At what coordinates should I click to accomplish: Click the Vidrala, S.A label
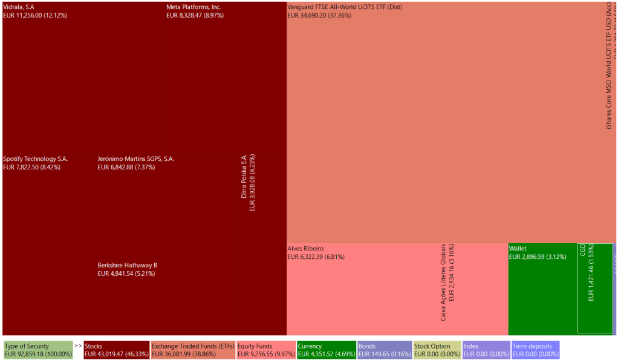19,7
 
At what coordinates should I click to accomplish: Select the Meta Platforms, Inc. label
194,7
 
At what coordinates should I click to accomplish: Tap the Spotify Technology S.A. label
36,159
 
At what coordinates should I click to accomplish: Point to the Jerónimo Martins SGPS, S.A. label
135,159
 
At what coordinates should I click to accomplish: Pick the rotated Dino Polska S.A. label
244,175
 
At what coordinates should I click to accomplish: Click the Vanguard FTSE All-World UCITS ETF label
344,7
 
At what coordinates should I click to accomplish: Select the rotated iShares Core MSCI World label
608,73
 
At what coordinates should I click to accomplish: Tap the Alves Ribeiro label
305,249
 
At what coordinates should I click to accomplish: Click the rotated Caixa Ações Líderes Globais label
443,282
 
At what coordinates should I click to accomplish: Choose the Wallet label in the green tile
518,249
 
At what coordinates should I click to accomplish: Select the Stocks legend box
117,350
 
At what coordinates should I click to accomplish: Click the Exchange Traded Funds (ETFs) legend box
193,350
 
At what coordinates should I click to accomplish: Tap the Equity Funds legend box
265,350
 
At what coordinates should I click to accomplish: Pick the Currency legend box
326,350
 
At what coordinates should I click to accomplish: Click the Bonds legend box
384,350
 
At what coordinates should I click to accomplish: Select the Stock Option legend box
437,350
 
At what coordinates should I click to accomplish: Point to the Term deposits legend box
535,350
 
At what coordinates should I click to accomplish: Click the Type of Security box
37,350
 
